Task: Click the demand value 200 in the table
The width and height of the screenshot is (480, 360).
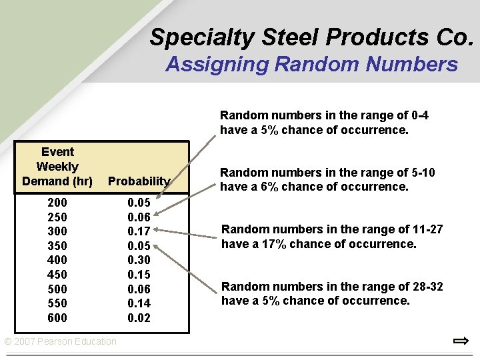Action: (x=57, y=202)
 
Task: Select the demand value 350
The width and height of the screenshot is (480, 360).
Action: (x=57, y=245)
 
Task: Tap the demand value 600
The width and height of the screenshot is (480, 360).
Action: (x=57, y=318)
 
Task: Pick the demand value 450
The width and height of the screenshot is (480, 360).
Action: (x=57, y=275)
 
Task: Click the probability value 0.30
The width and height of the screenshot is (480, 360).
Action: (x=139, y=260)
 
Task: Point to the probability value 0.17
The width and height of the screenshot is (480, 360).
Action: (x=139, y=231)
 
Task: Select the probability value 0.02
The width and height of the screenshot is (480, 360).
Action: (x=139, y=318)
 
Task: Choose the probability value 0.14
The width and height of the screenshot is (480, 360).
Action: (x=139, y=303)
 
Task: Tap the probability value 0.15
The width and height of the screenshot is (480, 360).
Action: (x=139, y=275)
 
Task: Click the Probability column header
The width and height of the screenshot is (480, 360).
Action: (x=139, y=181)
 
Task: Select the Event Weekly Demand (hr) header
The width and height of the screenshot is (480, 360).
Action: (x=57, y=167)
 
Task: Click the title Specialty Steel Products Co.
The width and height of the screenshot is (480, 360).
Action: (x=311, y=37)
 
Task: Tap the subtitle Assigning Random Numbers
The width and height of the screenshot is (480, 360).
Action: (x=311, y=65)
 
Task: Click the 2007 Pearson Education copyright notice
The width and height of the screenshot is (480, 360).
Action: (x=60, y=342)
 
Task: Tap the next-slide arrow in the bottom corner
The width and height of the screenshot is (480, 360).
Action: (x=460, y=342)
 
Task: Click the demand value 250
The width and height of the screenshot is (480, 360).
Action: (x=57, y=217)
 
